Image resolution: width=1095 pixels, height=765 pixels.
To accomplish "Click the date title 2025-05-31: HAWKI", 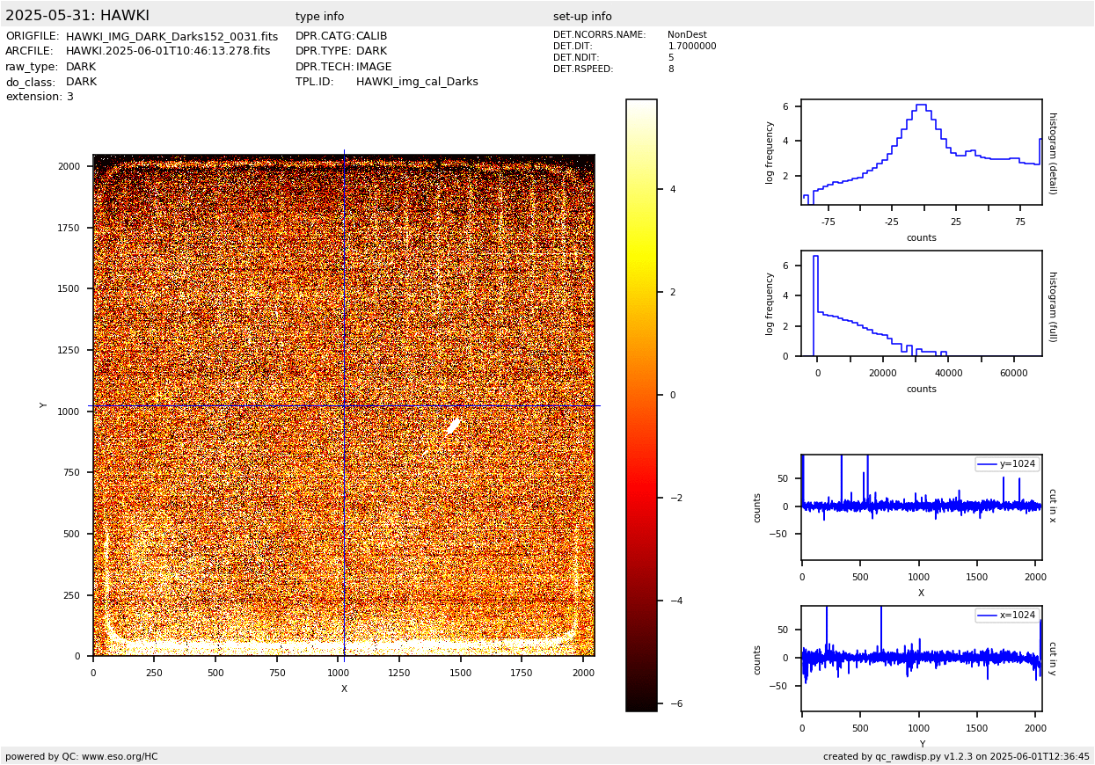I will click(77, 16).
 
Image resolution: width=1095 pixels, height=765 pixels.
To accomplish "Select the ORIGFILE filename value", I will click(172, 37).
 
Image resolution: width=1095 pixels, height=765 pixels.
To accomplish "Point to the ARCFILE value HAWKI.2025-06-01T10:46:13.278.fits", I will click(168, 52).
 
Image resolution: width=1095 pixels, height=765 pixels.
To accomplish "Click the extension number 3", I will click(70, 98).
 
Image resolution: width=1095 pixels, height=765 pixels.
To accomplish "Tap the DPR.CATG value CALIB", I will click(371, 37).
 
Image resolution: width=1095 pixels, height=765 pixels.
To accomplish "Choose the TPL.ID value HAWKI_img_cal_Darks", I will click(417, 82).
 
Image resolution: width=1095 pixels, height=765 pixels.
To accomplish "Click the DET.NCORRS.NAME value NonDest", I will click(687, 35).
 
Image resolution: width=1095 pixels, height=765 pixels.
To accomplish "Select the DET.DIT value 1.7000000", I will click(692, 47).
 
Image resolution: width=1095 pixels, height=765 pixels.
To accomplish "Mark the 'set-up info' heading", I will click(582, 17).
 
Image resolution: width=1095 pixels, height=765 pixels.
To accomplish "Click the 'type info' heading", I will click(319, 17).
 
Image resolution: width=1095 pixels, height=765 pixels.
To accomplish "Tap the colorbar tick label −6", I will click(676, 703).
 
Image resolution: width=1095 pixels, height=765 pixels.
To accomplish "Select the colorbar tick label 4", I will click(672, 189).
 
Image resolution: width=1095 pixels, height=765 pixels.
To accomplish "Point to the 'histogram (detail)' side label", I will click(1052, 152).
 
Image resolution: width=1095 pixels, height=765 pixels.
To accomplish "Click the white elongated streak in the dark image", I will click(454, 426).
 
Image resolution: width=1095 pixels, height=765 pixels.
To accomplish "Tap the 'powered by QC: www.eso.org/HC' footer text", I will click(82, 756).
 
